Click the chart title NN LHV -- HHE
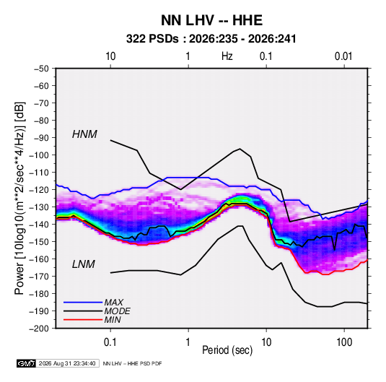point(211,20)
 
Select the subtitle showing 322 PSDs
point(211,39)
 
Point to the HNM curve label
point(84,134)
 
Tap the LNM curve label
point(84,264)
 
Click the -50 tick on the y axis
point(41,69)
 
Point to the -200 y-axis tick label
point(39,329)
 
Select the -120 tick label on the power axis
point(39,190)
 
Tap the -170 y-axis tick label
point(39,277)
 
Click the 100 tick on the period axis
point(344,342)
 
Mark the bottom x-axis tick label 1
point(188,342)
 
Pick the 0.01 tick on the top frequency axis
point(343,56)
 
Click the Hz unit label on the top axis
point(227,56)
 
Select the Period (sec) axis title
point(227,350)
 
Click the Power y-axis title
point(19,198)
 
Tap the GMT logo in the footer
point(27,363)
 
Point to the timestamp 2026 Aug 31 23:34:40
point(67,363)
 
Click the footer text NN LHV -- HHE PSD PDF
point(132,363)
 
